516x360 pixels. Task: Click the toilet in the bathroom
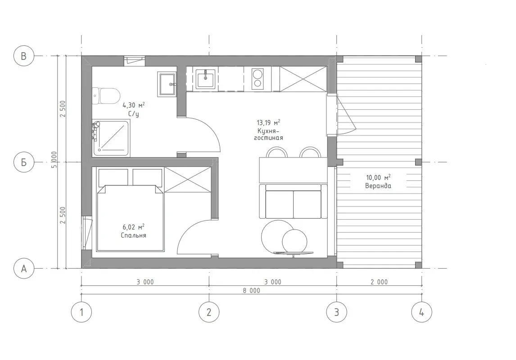(106, 96)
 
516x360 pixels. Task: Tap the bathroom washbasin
(167, 84)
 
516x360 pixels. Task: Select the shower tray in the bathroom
(111, 138)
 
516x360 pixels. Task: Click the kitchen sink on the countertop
(206, 79)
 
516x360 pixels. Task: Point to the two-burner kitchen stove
(258, 79)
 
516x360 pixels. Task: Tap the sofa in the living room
(293, 201)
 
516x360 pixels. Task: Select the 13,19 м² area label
(268, 123)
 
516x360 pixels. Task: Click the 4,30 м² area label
(134, 105)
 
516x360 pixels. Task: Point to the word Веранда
(378, 186)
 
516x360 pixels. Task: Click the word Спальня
(133, 235)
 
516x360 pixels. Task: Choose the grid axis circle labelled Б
(24, 162)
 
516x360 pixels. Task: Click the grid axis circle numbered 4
(421, 312)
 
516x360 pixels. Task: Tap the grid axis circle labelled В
(24, 56)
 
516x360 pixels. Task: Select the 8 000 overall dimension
(251, 291)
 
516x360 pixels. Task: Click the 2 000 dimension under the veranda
(379, 282)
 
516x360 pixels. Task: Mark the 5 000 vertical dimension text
(54, 160)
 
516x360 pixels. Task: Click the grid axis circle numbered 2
(209, 312)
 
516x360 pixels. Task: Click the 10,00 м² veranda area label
(378, 178)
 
